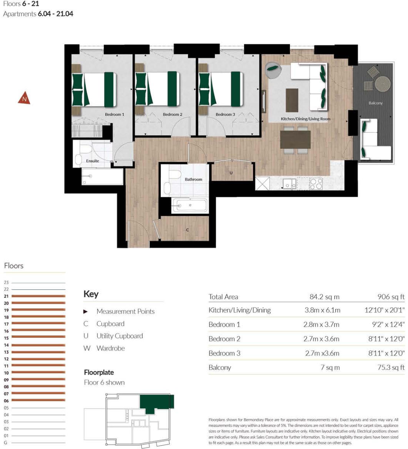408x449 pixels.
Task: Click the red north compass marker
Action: (x=24, y=98)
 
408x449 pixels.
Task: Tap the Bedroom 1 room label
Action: (x=114, y=115)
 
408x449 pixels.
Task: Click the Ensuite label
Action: (x=92, y=161)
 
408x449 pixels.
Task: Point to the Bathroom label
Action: (x=193, y=180)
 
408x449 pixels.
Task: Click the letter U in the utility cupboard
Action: (x=231, y=173)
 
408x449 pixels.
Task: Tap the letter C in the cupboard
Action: (x=187, y=230)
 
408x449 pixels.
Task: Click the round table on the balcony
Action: (x=383, y=84)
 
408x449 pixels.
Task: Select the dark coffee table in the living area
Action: (x=292, y=100)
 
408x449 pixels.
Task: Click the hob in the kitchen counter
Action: (x=316, y=184)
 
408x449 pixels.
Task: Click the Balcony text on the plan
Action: (x=375, y=103)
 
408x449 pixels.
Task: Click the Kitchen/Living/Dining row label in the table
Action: (x=239, y=310)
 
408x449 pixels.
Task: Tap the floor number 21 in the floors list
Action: (x=6, y=296)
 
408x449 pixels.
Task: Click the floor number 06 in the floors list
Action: (x=6, y=401)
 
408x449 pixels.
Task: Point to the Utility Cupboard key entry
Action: (x=119, y=336)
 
